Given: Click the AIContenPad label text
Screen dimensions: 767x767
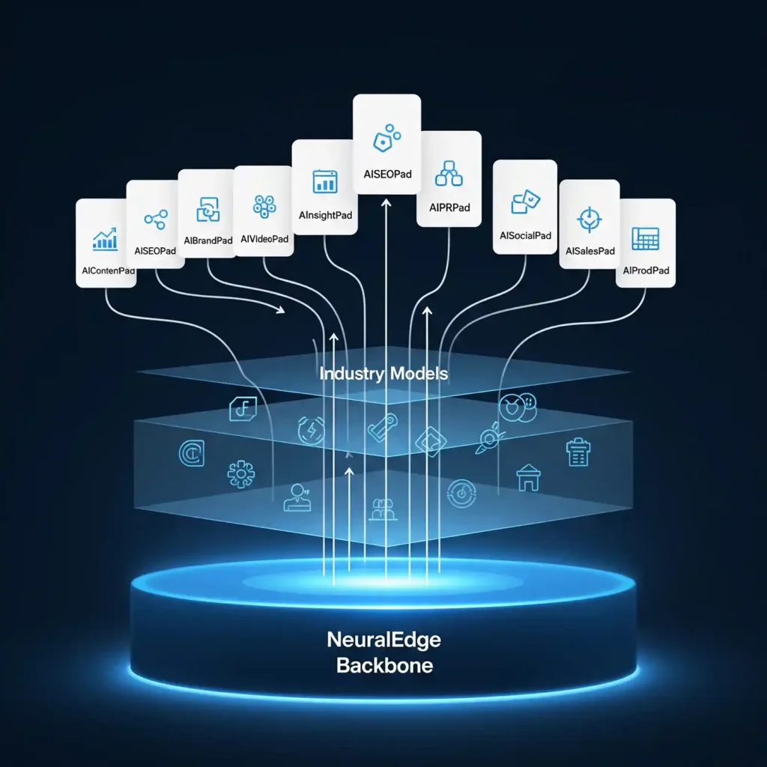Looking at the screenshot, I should pyautogui.click(x=106, y=272).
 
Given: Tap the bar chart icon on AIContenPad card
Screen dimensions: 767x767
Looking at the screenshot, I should pyautogui.click(x=105, y=239).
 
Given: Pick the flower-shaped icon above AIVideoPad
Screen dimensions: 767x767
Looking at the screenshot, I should pyautogui.click(x=264, y=206).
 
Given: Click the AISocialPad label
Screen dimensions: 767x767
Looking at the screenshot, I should pyautogui.click(x=525, y=236).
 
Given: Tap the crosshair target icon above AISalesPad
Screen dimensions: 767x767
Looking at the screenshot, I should pyautogui.click(x=589, y=219).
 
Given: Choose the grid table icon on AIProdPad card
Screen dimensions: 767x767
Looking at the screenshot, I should pyautogui.click(x=645, y=238).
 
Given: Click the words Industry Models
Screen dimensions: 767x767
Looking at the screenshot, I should pyautogui.click(x=384, y=373).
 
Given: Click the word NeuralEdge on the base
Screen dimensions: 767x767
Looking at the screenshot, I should pyautogui.click(x=384, y=640).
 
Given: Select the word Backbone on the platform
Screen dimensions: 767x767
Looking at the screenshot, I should pyautogui.click(x=384, y=665).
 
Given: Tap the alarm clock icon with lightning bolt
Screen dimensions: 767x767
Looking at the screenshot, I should pyautogui.click(x=311, y=431).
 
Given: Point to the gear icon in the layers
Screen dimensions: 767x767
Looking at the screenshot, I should pyautogui.click(x=241, y=474).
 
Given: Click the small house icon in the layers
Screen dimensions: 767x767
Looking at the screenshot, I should pyautogui.click(x=529, y=477).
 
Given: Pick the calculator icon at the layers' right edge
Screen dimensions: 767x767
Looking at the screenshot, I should pyautogui.click(x=577, y=452).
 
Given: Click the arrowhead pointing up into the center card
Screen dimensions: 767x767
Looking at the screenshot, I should pyautogui.click(x=386, y=202).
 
